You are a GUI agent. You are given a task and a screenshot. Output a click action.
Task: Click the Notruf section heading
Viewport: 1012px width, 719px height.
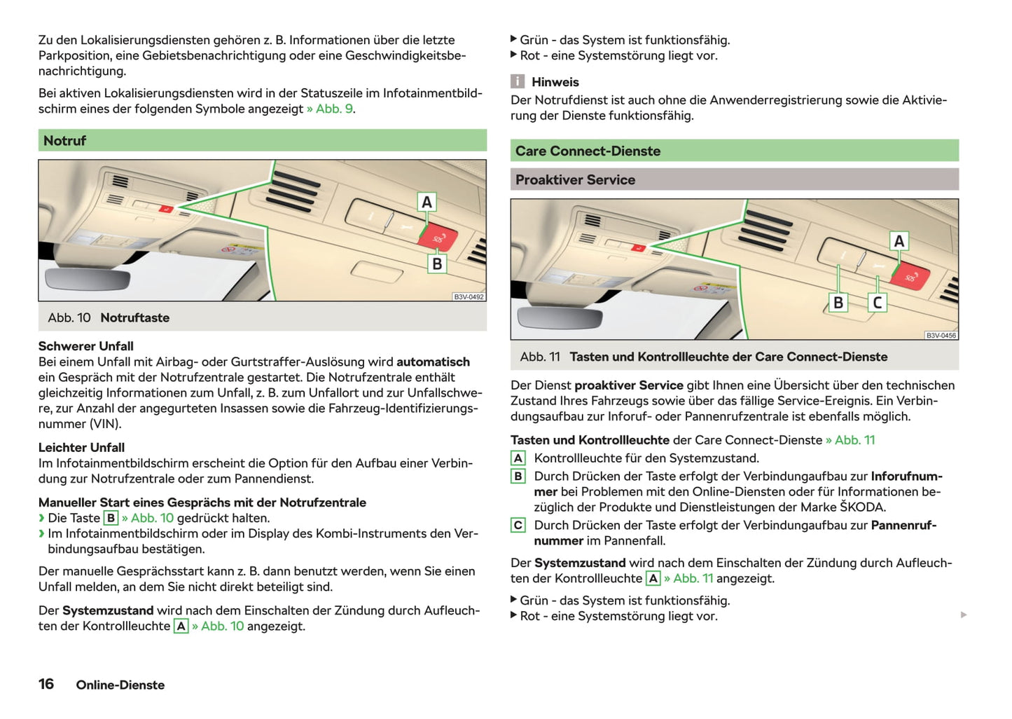pyautogui.click(x=65, y=141)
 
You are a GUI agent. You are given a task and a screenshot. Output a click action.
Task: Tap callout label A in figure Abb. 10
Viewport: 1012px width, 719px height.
pyautogui.click(x=427, y=202)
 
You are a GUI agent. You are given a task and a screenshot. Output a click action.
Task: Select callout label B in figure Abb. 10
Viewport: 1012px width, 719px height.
pyautogui.click(x=437, y=263)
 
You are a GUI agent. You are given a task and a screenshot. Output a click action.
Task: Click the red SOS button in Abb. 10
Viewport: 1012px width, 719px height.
pyautogui.click(x=438, y=238)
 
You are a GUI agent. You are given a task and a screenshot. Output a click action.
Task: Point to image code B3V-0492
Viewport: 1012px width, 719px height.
pyautogui.click(x=469, y=297)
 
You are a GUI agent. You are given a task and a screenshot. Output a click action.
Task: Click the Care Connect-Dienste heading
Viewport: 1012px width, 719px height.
pyautogui.click(x=588, y=151)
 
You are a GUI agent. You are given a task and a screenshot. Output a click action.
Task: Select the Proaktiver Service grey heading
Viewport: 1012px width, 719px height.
pyautogui.click(x=575, y=180)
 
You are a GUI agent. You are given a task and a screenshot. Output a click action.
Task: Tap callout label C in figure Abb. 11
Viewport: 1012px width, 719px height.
pyautogui.click(x=877, y=302)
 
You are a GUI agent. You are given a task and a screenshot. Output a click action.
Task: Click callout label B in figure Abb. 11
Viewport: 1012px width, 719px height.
pyautogui.click(x=838, y=302)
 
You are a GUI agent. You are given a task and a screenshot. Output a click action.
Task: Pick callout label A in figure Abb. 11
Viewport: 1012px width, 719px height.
pyautogui.click(x=899, y=241)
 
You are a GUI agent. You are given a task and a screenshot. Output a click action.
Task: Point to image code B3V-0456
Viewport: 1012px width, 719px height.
pyautogui.click(x=941, y=336)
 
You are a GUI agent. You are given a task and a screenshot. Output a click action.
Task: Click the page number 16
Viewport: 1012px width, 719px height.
pyautogui.click(x=46, y=684)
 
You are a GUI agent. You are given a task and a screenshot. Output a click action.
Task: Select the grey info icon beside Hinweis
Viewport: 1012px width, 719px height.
pyautogui.click(x=518, y=82)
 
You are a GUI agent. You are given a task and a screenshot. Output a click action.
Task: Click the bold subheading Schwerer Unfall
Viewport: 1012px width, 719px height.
pyautogui.click(x=85, y=346)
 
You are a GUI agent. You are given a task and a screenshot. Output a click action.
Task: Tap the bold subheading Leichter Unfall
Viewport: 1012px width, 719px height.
pyautogui.click(x=81, y=448)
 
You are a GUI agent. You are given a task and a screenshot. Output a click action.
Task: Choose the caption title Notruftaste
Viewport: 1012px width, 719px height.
pyautogui.click(x=134, y=318)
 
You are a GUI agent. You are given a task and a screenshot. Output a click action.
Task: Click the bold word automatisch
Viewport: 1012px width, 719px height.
pyautogui.click(x=433, y=362)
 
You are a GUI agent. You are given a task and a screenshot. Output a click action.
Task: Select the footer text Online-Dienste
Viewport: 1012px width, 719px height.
pyautogui.click(x=120, y=685)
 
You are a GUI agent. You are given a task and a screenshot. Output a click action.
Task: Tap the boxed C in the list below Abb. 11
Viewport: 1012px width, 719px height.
pyautogui.click(x=518, y=525)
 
